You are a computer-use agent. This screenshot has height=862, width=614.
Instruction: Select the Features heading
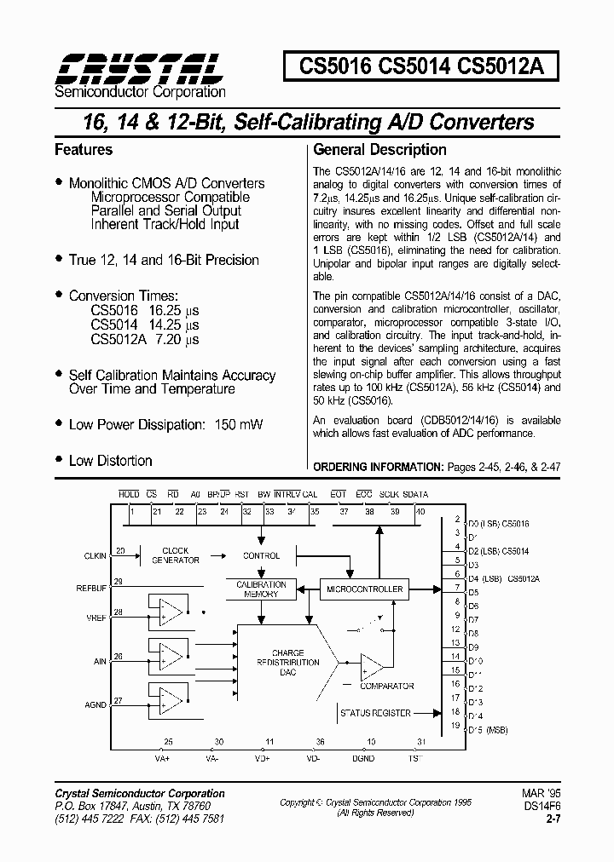(x=84, y=150)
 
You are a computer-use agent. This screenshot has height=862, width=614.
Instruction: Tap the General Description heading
(x=379, y=150)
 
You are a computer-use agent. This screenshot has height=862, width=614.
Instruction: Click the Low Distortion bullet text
(x=110, y=461)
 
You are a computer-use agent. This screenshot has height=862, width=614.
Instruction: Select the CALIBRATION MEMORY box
(x=262, y=589)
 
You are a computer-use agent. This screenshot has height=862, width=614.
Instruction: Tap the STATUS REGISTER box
(x=376, y=714)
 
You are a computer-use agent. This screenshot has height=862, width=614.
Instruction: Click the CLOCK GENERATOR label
(x=176, y=555)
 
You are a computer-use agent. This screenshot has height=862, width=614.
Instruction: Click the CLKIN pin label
(x=96, y=556)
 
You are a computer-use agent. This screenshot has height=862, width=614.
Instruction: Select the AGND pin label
(x=96, y=705)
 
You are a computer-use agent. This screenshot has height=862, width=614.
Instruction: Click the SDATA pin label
(x=415, y=494)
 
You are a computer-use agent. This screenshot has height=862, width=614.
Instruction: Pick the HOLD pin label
(x=129, y=494)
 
